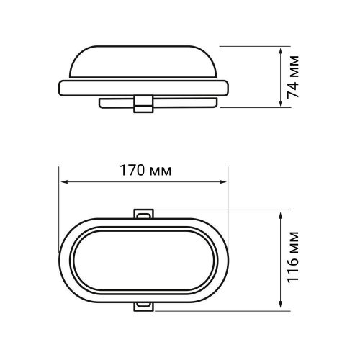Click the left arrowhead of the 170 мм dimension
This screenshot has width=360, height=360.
click(x=63, y=182)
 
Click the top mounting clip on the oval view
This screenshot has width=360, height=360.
click(x=144, y=214)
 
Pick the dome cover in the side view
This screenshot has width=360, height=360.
click(x=144, y=61)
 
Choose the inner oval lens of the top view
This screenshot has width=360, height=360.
click(x=144, y=260)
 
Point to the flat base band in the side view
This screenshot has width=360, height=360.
click(x=144, y=89)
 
